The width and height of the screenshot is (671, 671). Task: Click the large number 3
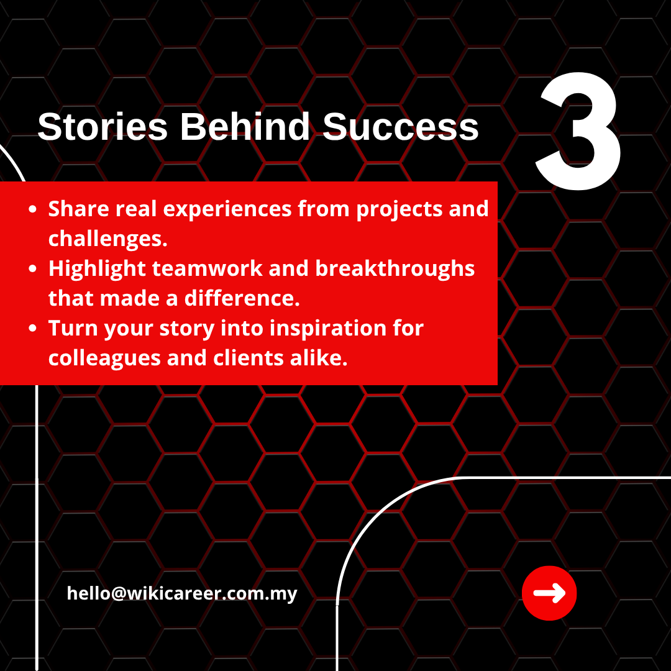pyautogui.click(x=578, y=131)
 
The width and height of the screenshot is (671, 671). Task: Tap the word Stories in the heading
pyautogui.click(x=103, y=127)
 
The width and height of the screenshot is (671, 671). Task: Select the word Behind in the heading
pyautogui.click(x=245, y=127)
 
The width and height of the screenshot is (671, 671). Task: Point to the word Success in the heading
pyautogui.click(x=401, y=127)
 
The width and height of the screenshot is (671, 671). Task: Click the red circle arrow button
pyautogui.click(x=549, y=593)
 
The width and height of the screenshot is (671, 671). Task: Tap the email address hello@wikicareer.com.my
pyautogui.click(x=182, y=594)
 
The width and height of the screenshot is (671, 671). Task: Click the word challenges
pyautogui.click(x=108, y=239)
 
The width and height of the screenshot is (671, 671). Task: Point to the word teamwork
pyautogui.click(x=207, y=269)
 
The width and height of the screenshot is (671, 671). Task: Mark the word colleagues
pyautogui.click(x=104, y=359)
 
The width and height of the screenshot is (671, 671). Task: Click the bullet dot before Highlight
pyautogui.click(x=32, y=269)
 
